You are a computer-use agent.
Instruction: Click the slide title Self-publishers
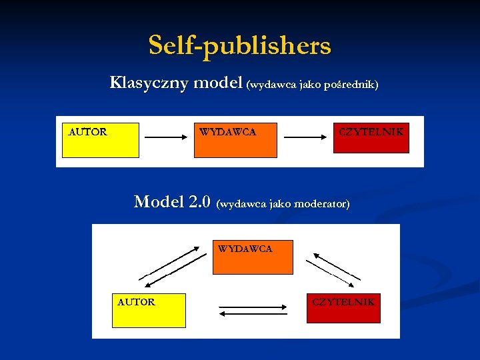click(239, 46)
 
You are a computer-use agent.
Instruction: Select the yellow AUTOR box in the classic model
click(101, 140)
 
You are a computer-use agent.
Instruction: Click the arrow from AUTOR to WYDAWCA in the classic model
click(166, 138)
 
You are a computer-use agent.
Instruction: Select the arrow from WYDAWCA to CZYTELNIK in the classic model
click(305, 138)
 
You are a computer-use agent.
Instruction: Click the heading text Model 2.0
click(173, 202)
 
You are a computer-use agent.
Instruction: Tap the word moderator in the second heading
click(320, 203)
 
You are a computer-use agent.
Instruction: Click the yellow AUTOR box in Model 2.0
click(149, 311)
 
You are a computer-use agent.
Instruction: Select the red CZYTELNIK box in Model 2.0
click(343, 308)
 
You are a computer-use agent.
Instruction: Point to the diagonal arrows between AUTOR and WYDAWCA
click(173, 264)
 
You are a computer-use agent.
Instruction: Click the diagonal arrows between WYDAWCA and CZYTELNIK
click(337, 265)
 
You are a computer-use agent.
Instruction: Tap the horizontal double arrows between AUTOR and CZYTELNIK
click(253, 311)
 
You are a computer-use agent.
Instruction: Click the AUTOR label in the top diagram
click(88, 132)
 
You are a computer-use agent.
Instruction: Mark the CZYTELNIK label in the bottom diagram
click(343, 302)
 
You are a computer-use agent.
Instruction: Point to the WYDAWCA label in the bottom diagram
click(245, 249)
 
